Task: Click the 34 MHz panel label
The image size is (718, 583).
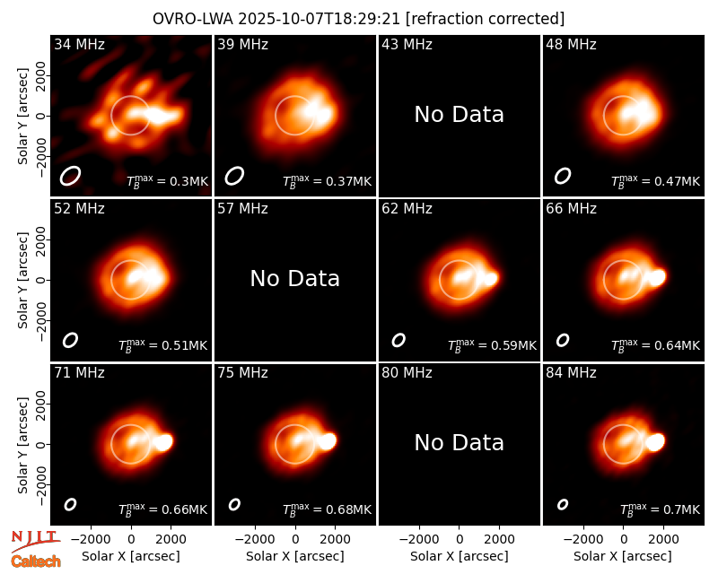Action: pos(79,44)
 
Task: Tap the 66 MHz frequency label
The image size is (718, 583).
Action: pos(571,209)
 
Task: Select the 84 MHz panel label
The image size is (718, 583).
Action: pos(571,373)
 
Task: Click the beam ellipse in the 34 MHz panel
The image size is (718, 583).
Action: pos(70,176)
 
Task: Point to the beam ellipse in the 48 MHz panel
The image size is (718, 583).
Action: pos(563,176)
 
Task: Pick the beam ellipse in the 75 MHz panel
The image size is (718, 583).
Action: pos(234,504)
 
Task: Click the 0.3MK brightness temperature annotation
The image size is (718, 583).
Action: pos(168,181)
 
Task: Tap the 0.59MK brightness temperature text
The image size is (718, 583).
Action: pos(492,345)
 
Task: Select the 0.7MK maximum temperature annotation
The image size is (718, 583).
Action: pos(660,509)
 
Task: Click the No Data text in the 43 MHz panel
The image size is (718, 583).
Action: pos(460,115)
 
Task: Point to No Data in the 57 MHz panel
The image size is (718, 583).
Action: pos(295,279)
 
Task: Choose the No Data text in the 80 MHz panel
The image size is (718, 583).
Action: pos(460,443)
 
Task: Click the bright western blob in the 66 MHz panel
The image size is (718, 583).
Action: pos(657,277)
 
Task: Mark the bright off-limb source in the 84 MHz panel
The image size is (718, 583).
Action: pos(655,442)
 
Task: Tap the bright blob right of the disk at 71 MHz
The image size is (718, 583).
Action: pos(163,442)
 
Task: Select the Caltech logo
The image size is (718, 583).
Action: pos(36,561)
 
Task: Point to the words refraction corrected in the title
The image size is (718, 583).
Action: pos(486,19)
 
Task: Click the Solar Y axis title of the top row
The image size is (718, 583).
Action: pos(22,117)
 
